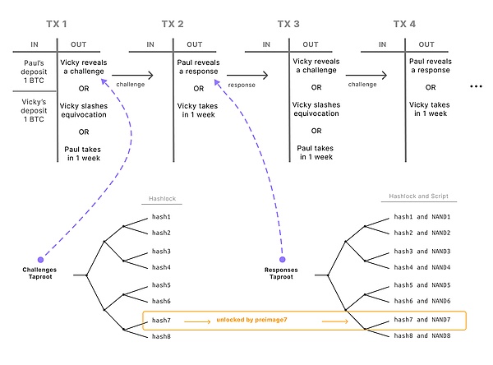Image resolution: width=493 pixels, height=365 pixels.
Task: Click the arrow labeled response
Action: pyautogui.click(x=242, y=76)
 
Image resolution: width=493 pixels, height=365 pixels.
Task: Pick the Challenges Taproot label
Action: pyautogui.click(x=40, y=274)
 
